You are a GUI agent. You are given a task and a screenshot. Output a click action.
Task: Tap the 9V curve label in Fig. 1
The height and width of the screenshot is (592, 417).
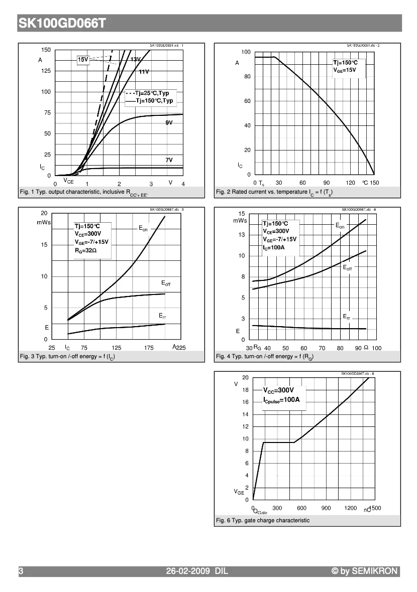169,123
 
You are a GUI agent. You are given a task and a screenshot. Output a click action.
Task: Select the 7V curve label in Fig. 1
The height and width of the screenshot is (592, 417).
169,160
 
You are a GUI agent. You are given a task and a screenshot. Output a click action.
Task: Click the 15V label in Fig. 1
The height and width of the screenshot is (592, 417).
83,60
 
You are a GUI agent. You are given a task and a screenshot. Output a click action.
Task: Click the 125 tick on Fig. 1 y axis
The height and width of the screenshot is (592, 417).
46,71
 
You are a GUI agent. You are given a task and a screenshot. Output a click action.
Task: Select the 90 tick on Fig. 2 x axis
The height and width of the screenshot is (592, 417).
327,183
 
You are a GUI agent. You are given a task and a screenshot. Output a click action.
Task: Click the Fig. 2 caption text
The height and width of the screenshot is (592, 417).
274,192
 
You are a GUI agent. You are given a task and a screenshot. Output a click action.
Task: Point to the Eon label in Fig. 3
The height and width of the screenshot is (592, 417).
143,229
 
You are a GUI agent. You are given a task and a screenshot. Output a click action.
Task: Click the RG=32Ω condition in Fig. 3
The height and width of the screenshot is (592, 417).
86,249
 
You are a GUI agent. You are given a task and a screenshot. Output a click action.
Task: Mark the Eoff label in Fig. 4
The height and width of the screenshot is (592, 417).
347,268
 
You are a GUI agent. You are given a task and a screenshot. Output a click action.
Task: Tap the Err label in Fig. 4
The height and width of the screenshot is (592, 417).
347,317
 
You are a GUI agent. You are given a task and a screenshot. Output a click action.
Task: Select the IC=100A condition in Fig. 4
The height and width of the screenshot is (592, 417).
274,247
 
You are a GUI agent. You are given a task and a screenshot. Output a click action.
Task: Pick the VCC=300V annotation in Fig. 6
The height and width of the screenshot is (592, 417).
279,390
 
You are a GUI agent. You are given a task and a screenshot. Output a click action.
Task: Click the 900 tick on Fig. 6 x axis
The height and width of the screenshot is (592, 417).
326,508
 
